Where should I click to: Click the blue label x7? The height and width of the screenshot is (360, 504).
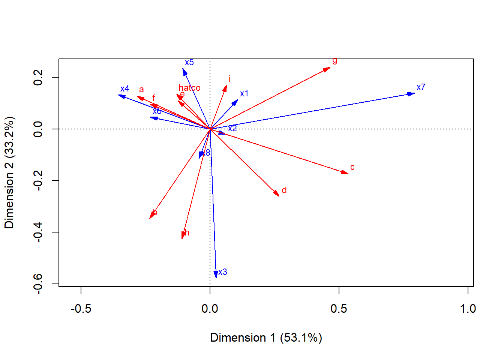(421, 87)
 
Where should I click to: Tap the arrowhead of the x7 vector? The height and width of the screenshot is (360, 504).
(412, 93)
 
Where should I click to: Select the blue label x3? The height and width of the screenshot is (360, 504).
(223, 272)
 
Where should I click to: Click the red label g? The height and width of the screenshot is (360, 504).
(334, 60)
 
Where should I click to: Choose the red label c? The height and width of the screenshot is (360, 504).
(352, 167)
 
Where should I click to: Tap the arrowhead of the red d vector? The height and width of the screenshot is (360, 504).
(277, 194)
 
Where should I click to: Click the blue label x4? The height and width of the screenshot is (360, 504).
(124, 89)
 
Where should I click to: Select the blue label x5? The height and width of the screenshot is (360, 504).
(189, 63)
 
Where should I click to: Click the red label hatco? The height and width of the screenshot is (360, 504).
(189, 88)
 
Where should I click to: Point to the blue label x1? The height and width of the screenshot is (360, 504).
(244, 94)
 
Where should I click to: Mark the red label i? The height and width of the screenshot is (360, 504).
(229, 79)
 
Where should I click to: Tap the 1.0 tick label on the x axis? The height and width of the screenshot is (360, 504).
(468, 309)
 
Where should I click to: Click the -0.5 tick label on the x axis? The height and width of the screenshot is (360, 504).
(81, 309)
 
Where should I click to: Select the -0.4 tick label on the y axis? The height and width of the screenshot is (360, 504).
(38, 232)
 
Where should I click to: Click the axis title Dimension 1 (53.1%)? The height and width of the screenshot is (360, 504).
(266, 337)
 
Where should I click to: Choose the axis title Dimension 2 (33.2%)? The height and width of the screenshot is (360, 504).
(9, 172)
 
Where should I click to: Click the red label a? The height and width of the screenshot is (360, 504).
(141, 90)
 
